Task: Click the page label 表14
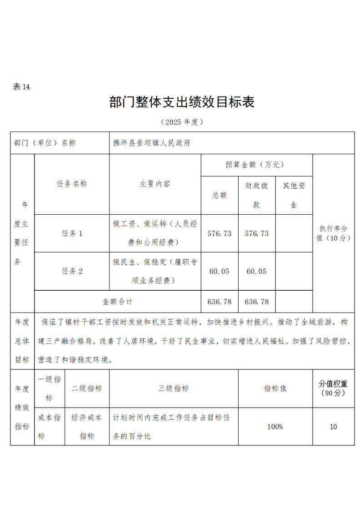[x=21, y=87]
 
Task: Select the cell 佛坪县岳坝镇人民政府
[x=151, y=143]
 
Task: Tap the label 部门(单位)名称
[x=45, y=143]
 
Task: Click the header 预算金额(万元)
[x=256, y=165]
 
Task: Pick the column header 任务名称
[x=72, y=184]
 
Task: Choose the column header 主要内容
[x=155, y=184]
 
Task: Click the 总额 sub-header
[x=220, y=195]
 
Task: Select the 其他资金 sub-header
[x=294, y=195]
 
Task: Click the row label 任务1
[x=72, y=233]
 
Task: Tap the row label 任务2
[x=72, y=271]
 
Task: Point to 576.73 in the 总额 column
[x=220, y=233]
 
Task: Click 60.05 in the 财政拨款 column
[x=257, y=271]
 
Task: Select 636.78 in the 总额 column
[x=220, y=302]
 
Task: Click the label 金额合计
[x=118, y=302]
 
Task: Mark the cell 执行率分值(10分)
[x=334, y=233]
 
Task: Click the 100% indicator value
[x=275, y=427]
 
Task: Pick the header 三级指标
[x=174, y=389]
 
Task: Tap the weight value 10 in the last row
[x=334, y=427]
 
